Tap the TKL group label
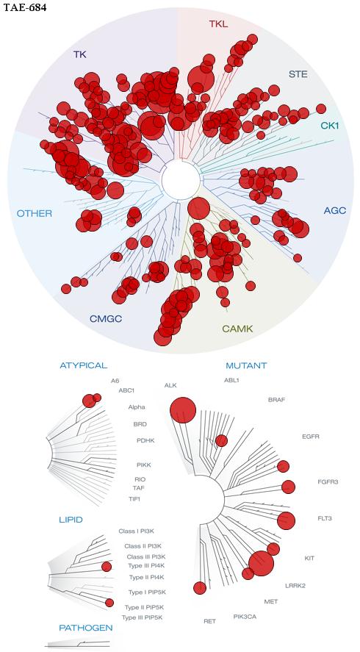pyautogui.click(x=218, y=24)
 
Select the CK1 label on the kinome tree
pyautogui.click(x=330, y=125)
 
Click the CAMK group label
pyautogui.click(x=237, y=329)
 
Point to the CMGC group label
pyautogui.click(x=108, y=319)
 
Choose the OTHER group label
pyautogui.click(x=35, y=214)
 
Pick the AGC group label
pyautogui.click(x=334, y=210)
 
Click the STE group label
pyautogui.click(x=298, y=74)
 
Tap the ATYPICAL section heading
pyautogui.click(x=84, y=365)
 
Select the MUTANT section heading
pyautogui.click(x=246, y=366)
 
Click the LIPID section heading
pyautogui.click(x=71, y=520)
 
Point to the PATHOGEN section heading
pyautogui.click(x=86, y=628)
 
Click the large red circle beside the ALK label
pyautogui.click(x=183, y=410)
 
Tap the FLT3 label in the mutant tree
pyautogui.click(x=325, y=518)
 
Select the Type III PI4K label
pyautogui.click(x=142, y=565)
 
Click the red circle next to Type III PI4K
pyautogui.click(x=107, y=566)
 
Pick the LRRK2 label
pyautogui.click(x=295, y=586)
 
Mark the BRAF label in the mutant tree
pyautogui.click(x=277, y=400)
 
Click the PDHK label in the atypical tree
pyautogui.click(x=145, y=440)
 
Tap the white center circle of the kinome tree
pyautogui.click(x=181, y=180)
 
